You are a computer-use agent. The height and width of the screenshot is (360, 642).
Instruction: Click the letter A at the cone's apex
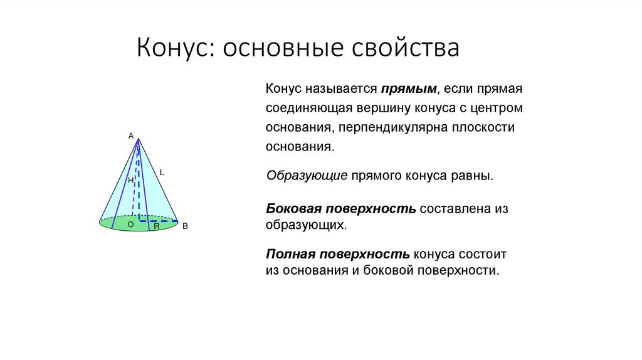coord(131,135)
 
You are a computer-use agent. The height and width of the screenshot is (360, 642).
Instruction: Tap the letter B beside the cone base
coord(185,227)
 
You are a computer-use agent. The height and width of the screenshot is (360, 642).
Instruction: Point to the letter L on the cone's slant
coord(162,171)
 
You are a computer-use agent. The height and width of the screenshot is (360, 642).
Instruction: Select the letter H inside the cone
coord(130,181)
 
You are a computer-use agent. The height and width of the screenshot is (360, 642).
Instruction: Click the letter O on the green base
coord(130,224)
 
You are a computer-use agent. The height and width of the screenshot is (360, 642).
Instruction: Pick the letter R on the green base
coord(157,226)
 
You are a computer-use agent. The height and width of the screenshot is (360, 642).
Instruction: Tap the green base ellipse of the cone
coord(119,225)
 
